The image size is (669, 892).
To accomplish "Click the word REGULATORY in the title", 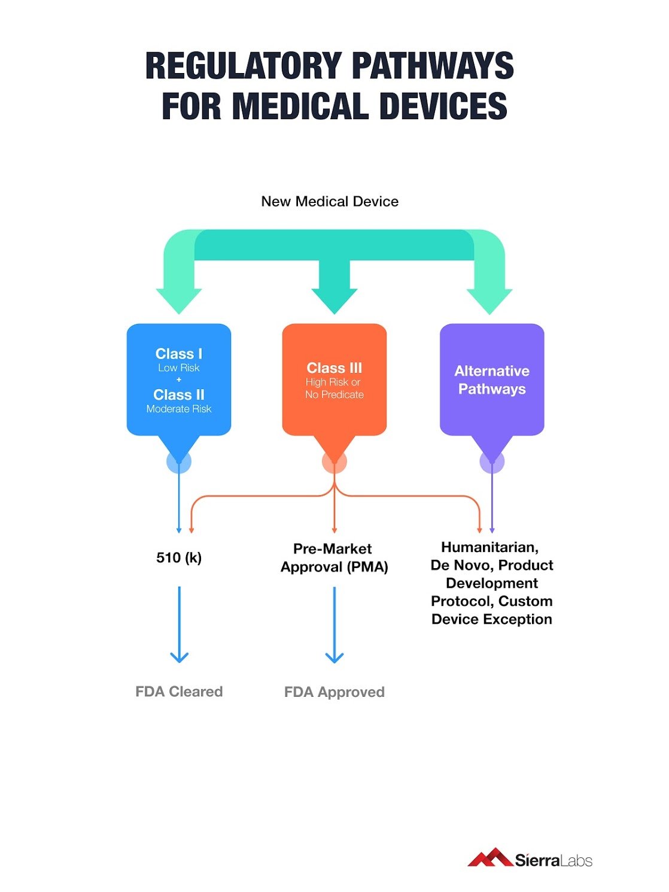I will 243,66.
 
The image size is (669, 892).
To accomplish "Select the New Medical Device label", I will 330,202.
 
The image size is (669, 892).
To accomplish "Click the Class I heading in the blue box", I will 179,354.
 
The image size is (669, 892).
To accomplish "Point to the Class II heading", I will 179,395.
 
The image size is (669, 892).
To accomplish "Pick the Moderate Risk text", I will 179,409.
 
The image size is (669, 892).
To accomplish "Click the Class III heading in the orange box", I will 334,368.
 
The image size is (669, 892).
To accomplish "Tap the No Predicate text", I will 334,395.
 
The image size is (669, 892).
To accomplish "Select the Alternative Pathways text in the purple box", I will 492,380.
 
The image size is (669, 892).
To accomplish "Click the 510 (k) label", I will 179,558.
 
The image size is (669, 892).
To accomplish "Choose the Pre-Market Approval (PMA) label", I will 334,558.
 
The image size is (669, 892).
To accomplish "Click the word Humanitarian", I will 489,547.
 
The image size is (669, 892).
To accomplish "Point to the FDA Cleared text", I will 179,692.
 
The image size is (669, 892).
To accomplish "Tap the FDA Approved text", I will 334,693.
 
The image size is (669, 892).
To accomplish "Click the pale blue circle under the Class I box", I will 179,462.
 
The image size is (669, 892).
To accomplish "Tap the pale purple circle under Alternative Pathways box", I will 492,462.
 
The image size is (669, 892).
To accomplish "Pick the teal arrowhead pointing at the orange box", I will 334,299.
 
